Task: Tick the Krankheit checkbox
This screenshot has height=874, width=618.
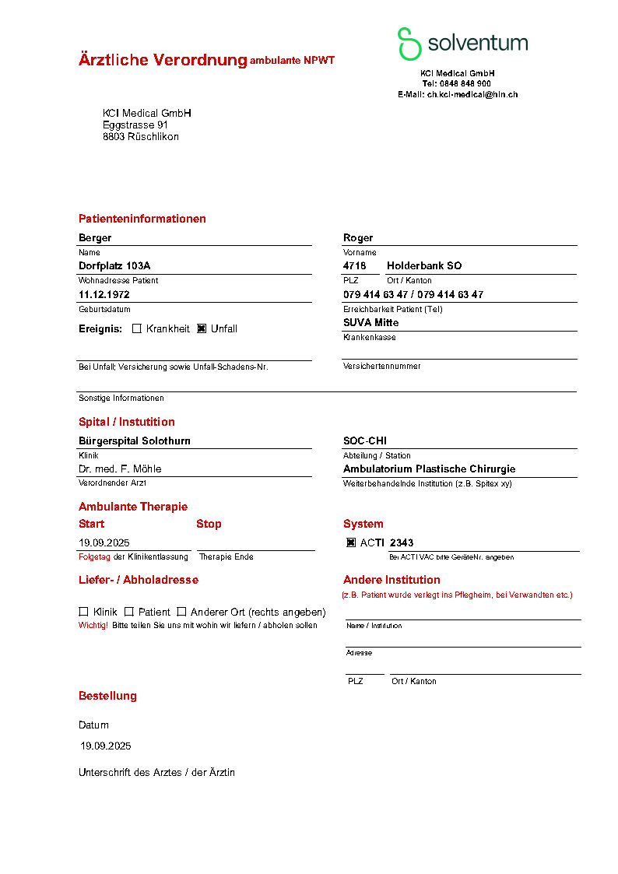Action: tap(137, 328)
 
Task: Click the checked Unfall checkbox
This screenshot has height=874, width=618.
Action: tap(202, 328)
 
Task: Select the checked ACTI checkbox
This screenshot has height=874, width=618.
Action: tap(351, 542)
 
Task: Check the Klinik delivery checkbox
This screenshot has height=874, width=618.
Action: tap(83, 612)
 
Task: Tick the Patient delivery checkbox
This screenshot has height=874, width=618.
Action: tap(129, 612)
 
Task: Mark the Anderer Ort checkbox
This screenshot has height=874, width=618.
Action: tap(181, 612)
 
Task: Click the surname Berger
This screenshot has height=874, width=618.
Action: tap(95, 237)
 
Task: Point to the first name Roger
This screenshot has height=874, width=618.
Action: tap(358, 237)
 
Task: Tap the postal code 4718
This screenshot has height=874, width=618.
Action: tap(354, 265)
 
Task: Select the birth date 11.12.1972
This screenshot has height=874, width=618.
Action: tap(104, 294)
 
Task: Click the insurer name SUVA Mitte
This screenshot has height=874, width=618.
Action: tap(370, 322)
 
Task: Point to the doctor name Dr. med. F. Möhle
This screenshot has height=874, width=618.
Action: tap(120, 469)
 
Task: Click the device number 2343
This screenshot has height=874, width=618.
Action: tap(402, 542)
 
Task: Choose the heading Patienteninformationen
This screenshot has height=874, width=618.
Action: tap(142, 219)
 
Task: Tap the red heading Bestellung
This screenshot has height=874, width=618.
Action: tap(107, 696)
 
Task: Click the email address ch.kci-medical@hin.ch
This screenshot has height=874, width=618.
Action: tap(472, 94)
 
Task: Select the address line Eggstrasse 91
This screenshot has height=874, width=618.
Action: tap(135, 125)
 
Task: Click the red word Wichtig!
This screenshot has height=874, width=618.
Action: tap(93, 625)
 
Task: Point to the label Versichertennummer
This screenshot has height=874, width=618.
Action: tap(381, 366)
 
